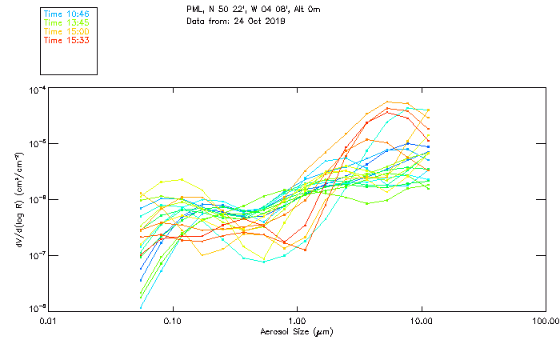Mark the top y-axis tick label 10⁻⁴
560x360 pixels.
coord(35,90)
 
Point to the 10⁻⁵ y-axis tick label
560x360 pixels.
coord(35,145)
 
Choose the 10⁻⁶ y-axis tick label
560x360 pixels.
coord(35,200)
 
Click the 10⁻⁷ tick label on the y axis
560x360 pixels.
coord(35,255)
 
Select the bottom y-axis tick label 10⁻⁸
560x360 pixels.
coord(35,309)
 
